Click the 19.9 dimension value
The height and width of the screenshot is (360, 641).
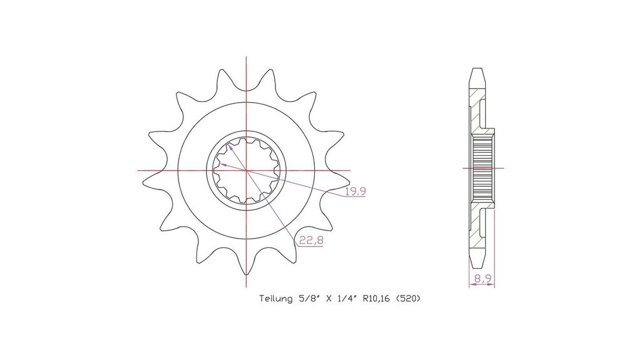click(x=356, y=191)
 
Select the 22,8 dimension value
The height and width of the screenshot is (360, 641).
click(x=311, y=240)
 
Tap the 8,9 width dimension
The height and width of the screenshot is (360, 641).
click(x=483, y=279)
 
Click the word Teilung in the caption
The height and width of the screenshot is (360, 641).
click(x=275, y=299)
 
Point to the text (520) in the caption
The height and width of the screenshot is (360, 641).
click(x=408, y=299)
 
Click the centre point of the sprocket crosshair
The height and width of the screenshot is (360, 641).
click(x=246, y=170)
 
